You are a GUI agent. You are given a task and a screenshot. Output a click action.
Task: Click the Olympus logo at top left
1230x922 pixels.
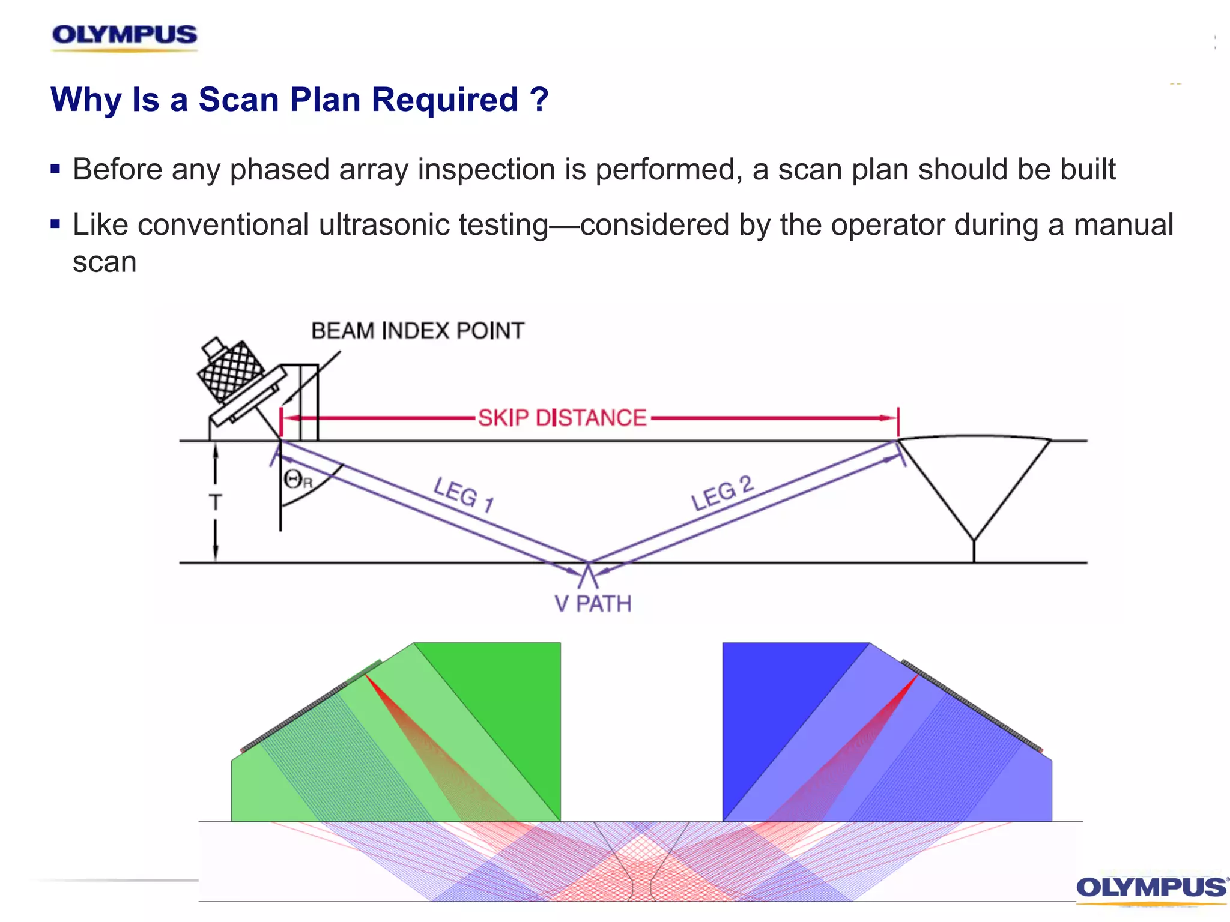[x=124, y=36]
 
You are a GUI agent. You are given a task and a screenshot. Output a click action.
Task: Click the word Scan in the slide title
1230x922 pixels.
[x=239, y=100]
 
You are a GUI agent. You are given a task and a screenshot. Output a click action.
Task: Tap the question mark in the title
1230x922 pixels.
[x=539, y=100]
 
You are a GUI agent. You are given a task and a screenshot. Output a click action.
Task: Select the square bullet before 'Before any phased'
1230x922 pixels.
[x=56, y=169]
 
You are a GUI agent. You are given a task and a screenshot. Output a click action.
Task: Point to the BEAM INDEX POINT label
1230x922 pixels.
[x=417, y=331]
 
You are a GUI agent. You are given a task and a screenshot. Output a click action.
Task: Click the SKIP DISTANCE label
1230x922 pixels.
[x=562, y=418]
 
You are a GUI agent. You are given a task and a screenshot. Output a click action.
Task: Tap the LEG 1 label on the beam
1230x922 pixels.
[x=464, y=495]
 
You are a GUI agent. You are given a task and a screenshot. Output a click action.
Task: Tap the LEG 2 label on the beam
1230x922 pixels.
[x=721, y=493]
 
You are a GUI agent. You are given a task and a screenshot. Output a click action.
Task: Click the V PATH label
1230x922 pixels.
[x=593, y=604]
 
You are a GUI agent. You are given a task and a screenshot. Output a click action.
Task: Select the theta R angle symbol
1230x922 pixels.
[x=298, y=480]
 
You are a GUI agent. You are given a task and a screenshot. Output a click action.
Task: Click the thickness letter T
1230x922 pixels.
[x=215, y=502]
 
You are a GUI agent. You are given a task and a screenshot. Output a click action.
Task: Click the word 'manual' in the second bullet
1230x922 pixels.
[x=1123, y=225]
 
